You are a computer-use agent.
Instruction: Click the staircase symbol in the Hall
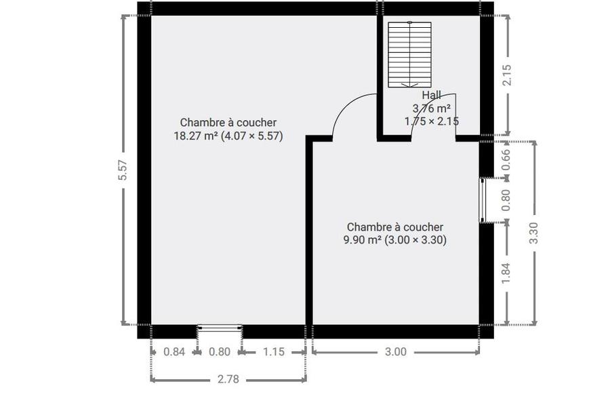click(x=409, y=54)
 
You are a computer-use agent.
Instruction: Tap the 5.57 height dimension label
click(x=123, y=170)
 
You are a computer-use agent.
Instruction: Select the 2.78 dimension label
click(x=228, y=379)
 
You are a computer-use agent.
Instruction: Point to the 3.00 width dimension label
click(x=396, y=351)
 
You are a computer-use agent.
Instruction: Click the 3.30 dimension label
click(x=534, y=233)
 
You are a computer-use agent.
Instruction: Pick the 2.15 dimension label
click(x=506, y=75)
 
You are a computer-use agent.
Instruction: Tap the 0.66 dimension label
click(x=506, y=159)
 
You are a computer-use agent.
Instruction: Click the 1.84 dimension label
click(x=506, y=273)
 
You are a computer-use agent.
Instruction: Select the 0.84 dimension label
click(x=174, y=351)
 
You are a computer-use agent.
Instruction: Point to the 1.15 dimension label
click(x=274, y=351)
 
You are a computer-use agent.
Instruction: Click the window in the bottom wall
click(x=220, y=328)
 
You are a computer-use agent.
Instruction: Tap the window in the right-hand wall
click(x=483, y=200)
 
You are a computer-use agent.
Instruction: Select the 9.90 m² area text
click(x=362, y=240)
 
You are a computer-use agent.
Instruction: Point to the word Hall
click(x=432, y=95)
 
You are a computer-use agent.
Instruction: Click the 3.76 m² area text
click(x=432, y=108)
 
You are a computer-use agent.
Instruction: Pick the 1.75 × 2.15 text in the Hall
click(x=432, y=121)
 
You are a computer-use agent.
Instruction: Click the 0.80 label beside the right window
click(x=506, y=200)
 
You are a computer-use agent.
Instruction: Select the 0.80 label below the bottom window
click(x=220, y=351)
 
